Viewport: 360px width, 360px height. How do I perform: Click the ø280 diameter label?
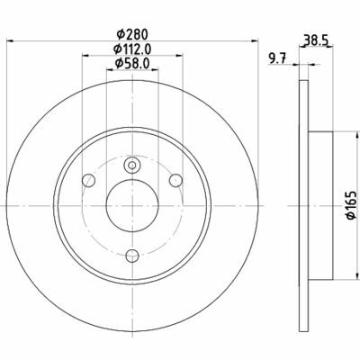point(132,34)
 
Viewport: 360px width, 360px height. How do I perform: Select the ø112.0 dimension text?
point(132,49)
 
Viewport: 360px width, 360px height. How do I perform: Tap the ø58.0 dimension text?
point(132,63)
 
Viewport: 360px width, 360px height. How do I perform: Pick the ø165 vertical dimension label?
point(351,205)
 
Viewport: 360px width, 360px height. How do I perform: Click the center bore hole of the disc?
point(132,206)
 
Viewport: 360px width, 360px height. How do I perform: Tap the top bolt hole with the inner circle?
point(131,165)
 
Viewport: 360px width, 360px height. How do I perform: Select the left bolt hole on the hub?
point(88,180)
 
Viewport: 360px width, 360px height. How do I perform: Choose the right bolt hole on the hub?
point(175,180)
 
